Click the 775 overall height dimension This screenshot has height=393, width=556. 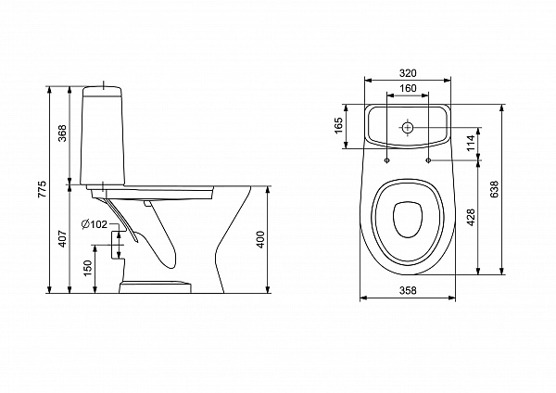pos(43,189)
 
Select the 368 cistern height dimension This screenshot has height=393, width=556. pos(62,133)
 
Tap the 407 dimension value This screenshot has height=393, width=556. pos(62,239)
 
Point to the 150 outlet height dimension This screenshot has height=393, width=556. pos(88,268)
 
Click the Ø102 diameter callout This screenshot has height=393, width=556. pos(95,224)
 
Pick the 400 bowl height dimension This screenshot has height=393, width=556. pos(260,239)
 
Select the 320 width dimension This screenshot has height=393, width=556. pos(408,73)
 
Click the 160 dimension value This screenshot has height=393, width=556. pos(408,88)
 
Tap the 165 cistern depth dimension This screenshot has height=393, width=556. pos(338,125)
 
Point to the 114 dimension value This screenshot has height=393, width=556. pos(471,143)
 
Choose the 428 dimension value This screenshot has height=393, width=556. pos(471,217)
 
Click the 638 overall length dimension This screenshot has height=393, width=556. pos(495,189)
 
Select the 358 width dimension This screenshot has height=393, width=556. pos(408,290)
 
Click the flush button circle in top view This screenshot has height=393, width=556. pos(408,127)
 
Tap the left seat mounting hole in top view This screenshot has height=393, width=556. pos(386,160)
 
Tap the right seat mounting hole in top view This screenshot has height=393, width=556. pos(428,160)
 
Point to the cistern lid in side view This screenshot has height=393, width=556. pos(102,91)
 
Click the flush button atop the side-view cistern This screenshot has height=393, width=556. pos(103,85)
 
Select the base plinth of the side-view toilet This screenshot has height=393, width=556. pos(155,287)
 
